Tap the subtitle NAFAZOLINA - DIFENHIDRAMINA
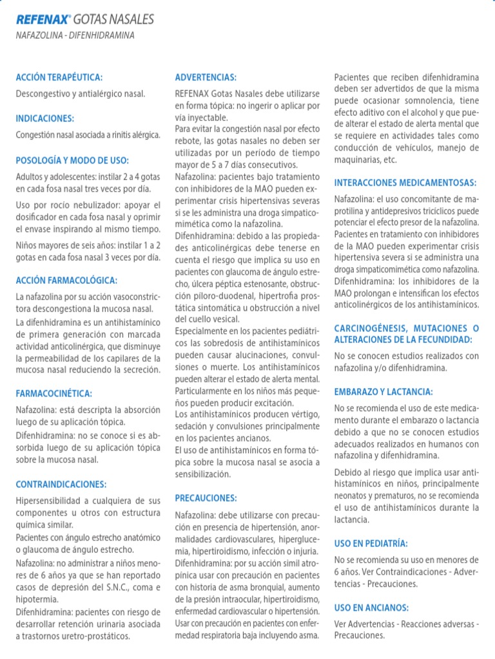coord(75,36)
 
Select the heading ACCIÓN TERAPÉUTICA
coord(59,77)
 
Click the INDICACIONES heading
coord(45,118)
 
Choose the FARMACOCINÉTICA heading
coord(54,393)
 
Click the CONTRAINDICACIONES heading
coord(61,484)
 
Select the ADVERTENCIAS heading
coord(206,77)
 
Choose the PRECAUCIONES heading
coord(206,498)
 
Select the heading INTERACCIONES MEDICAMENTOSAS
coord(405,183)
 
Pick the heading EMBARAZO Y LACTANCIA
coord(383,391)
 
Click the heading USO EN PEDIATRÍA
coord(371,543)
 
